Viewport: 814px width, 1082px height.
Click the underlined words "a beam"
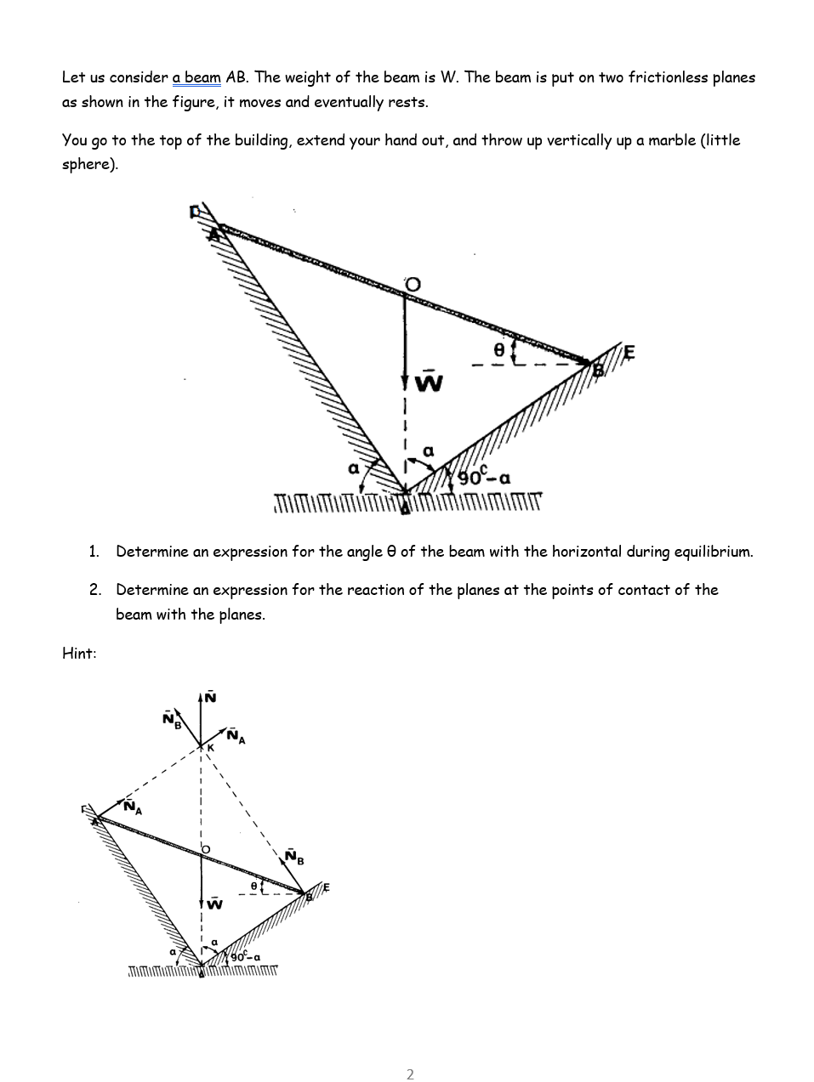pyautogui.click(x=196, y=78)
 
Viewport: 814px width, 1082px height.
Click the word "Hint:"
pyautogui.click(x=79, y=653)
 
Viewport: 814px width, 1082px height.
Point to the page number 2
pyautogui.click(x=410, y=1074)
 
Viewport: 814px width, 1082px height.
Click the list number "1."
pyautogui.click(x=95, y=552)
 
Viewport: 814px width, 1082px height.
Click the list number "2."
pyautogui.click(x=95, y=590)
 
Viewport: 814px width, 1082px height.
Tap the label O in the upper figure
pyautogui.click(x=413, y=284)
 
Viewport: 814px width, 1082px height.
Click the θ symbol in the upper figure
pyautogui.click(x=500, y=348)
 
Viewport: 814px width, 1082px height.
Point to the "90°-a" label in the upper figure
pyautogui.click(x=485, y=477)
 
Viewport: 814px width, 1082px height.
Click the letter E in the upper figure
pyautogui.click(x=629, y=351)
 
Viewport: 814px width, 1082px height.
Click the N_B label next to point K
pyautogui.click(x=172, y=719)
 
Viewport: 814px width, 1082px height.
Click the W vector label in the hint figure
pyautogui.click(x=215, y=904)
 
